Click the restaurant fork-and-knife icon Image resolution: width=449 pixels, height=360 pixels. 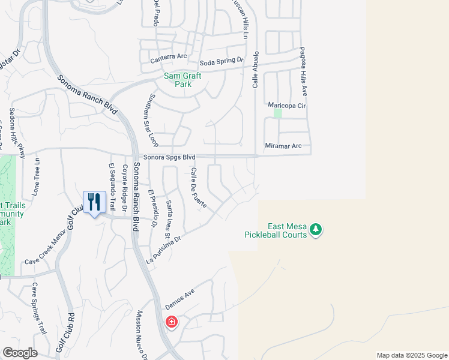coord(94,202)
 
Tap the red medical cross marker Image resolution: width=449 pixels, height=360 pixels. coord(172,322)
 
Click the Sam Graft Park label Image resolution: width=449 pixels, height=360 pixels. coord(182,80)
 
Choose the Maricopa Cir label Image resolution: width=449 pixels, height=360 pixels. coord(287,106)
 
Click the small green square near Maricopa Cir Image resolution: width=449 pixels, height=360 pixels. coord(278,113)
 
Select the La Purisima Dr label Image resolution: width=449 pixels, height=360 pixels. coord(164,250)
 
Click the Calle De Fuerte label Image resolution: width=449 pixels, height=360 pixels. coord(199,188)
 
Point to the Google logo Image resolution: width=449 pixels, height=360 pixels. coord(20,353)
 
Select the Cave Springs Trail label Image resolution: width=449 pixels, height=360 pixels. coord(39,308)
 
